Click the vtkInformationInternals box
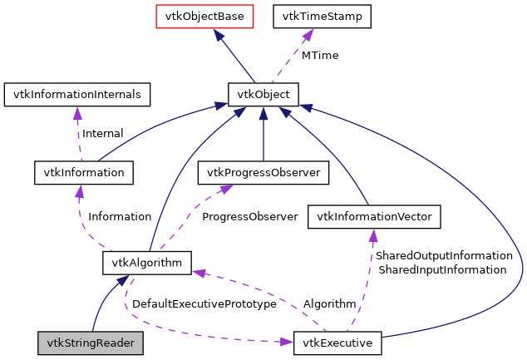click(x=77, y=94)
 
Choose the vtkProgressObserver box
click(x=263, y=172)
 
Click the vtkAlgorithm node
click(x=147, y=263)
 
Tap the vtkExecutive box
click(x=337, y=342)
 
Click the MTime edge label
click(x=320, y=55)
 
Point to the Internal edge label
click(x=102, y=133)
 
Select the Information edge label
click(x=120, y=216)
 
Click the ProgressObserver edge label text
click(x=249, y=216)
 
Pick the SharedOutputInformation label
click(x=442, y=256)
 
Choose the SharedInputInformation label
click(x=442, y=270)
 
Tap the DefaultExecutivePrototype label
click(x=204, y=304)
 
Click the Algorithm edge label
click(x=329, y=304)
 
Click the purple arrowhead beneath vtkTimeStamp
click(x=307, y=34)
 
